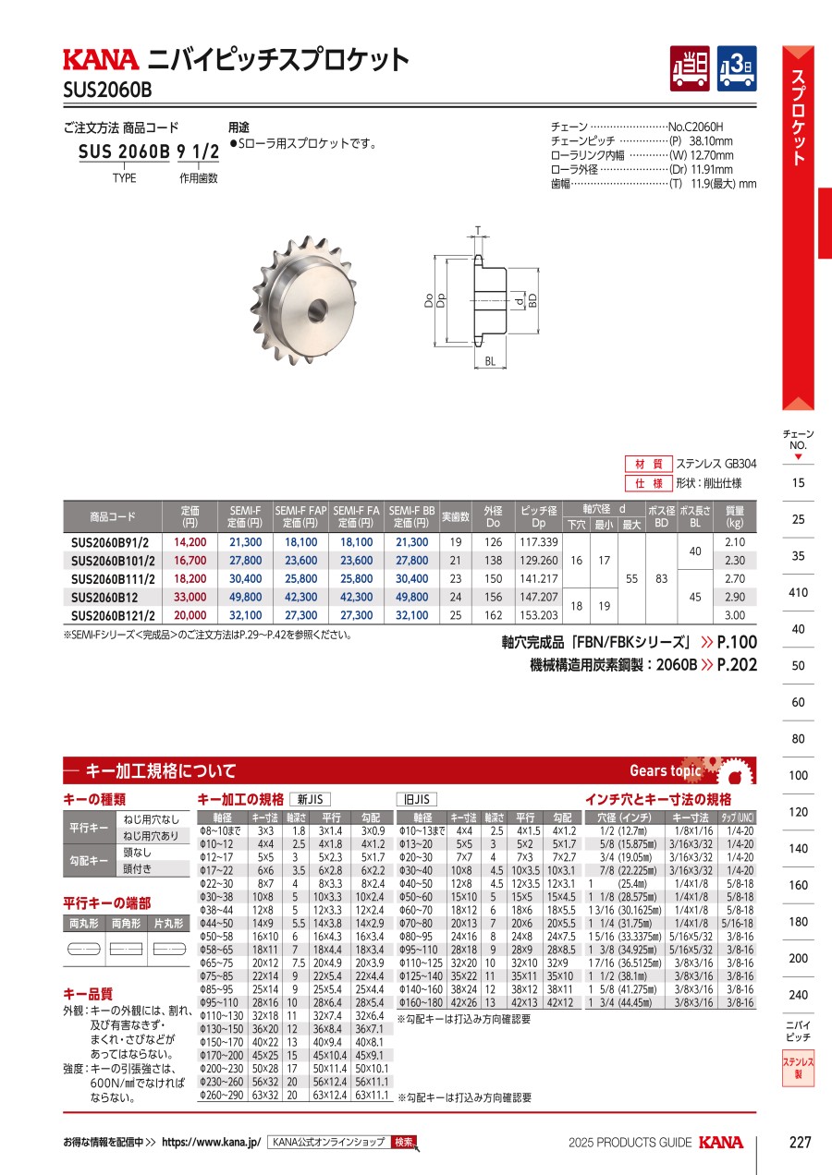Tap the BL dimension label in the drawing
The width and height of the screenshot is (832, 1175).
tap(489, 363)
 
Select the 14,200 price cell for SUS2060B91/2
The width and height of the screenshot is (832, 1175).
tap(190, 542)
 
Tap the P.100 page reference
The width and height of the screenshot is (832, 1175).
tap(737, 643)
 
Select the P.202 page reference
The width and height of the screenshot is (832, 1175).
tap(737, 664)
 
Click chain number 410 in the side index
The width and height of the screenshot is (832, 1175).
tap(798, 592)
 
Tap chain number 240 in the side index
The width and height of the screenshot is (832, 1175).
tap(798, 995)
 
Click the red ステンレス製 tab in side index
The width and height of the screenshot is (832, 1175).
tap(798, 1069)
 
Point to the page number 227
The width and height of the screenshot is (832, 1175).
tap(800, 1143)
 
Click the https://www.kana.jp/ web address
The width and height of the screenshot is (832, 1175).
tap(212, 1143)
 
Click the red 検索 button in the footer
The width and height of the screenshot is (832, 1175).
tap(404, 1143)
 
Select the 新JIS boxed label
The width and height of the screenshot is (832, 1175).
tap(311, 800)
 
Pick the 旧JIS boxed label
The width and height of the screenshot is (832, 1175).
tap(417, 800)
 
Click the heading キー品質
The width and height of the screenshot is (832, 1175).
tap(88, 994)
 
